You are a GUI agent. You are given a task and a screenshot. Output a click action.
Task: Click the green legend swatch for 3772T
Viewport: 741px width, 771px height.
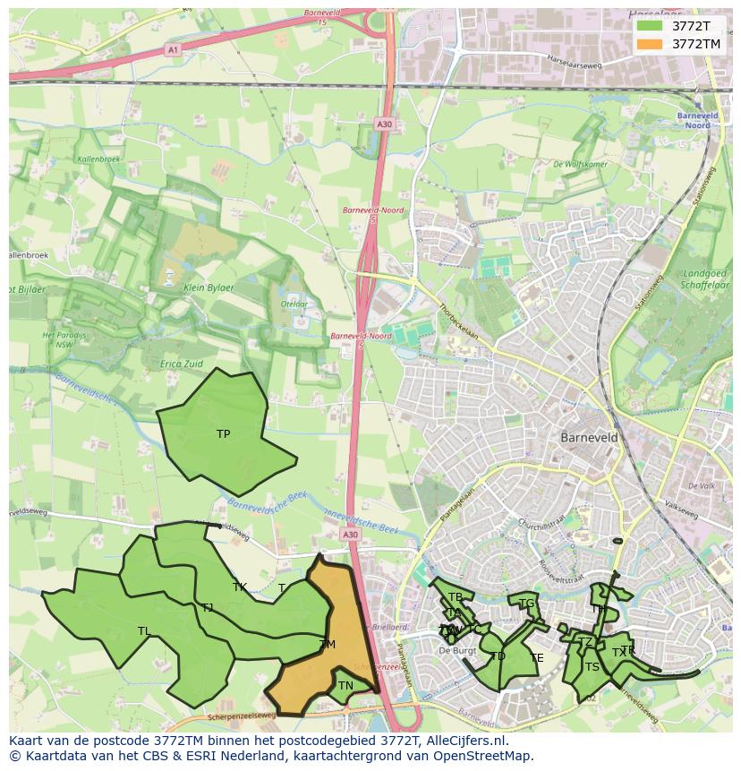click(650, 26)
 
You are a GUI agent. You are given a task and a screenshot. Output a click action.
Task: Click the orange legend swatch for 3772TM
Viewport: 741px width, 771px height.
click(650, 44)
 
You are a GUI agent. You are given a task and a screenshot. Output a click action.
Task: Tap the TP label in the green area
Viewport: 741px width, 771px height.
click(223, 434)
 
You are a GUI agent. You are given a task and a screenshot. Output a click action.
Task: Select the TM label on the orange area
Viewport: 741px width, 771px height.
click(327, 645)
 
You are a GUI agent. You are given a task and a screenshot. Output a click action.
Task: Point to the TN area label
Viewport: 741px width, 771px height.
click(345, 686)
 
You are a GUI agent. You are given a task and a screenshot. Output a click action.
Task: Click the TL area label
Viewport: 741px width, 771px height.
click(144, 631)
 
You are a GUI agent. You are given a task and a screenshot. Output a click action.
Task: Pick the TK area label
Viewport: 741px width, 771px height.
click(239, 587)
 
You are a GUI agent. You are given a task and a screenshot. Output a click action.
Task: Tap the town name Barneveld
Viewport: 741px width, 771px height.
click(589, 438)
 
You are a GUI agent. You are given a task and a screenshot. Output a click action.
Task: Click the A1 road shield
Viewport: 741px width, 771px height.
click(172, 50)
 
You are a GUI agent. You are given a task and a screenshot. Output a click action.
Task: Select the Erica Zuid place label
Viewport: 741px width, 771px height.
click(181, 364)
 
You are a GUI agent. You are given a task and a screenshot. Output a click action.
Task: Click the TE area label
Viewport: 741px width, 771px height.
click(536, 658)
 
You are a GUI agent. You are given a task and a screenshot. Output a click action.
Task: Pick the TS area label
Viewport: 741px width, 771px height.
click(592, 667)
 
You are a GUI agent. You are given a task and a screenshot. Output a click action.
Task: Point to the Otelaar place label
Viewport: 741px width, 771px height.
click(294, 304)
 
